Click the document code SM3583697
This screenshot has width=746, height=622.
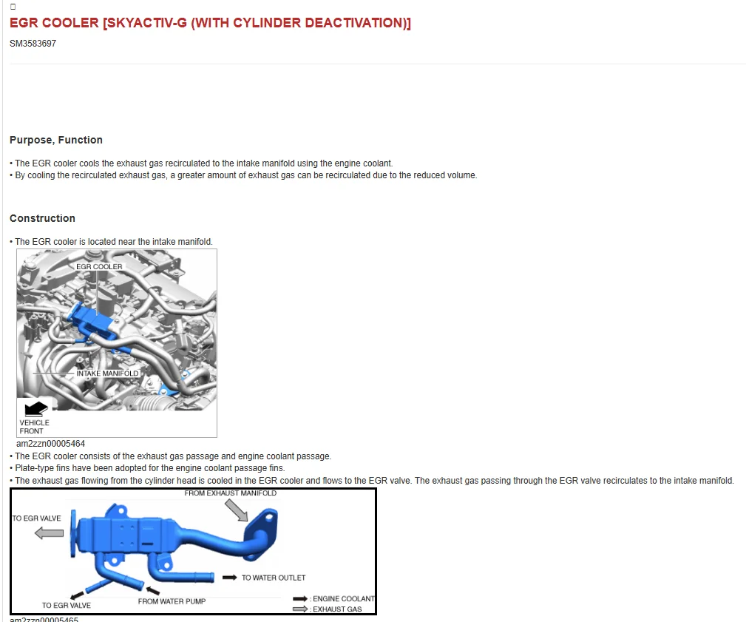click(33, 44)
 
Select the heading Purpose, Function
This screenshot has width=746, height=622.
click(56, 140)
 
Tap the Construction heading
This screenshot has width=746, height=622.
click(42, 218)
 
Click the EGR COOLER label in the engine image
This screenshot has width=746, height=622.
click(99, 267)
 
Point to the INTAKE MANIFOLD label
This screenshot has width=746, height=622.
click(107, 373)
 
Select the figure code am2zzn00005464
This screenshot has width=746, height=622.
click(50, 444)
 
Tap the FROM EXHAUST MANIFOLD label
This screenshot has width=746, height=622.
click(230, 493)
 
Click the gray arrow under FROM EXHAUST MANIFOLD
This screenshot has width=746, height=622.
click(237, 510)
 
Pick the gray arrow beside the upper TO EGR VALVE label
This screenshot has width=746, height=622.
click(50, 533)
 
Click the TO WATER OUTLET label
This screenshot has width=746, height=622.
click(274, 578)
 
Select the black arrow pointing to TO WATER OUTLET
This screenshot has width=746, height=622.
click(230, 578)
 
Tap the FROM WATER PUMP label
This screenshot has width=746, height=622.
click(172, 601)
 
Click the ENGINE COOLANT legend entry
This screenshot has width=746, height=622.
click(334, 598)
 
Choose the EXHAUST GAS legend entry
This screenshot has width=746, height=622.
click(328, 609)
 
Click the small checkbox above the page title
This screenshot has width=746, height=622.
click(13, 7)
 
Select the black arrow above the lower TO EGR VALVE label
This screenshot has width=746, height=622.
click(77, 595)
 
